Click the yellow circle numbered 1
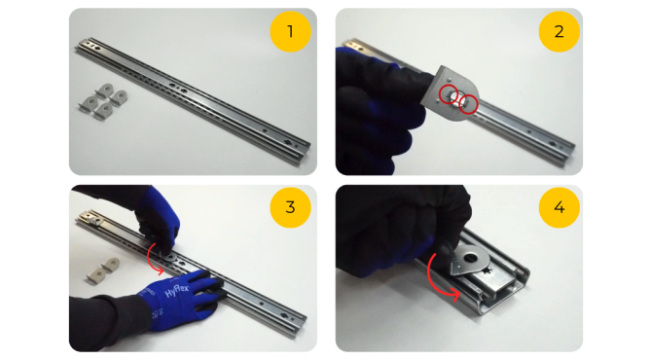(x=290, y=31)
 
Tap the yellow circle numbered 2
(x=559, y=31)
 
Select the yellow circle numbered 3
(x=290, y=207)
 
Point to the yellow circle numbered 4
(x=559, y=207)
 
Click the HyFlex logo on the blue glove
(x=177, y=291)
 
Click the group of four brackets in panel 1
(x=103, y=101)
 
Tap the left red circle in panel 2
(x=449, y=94)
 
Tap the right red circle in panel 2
(x=468, y=103)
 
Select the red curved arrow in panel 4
(x=432, y=280)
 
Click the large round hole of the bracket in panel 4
(x=471, y=258)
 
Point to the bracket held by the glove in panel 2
(x=451, y=92)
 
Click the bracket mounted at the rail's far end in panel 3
(x=91, y=218)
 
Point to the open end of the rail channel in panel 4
(x=505, y=302)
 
